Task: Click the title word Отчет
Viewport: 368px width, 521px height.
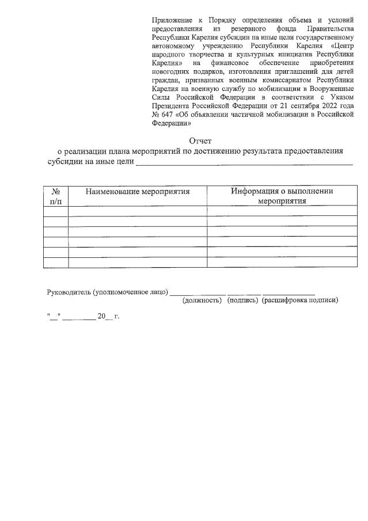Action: tap(201, 140)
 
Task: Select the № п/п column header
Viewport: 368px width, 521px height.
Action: tap(56, 196)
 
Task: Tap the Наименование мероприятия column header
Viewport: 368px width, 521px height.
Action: tap(138, 191)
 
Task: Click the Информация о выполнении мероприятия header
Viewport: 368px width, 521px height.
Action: tap(282, 196)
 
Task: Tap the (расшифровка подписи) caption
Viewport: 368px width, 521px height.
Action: tap(299, 300)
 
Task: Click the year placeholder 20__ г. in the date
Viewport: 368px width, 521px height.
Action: tap(108, 316)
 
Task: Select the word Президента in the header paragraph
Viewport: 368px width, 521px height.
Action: tap(172, 106)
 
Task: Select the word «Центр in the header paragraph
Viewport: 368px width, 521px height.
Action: tap(340, 45)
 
